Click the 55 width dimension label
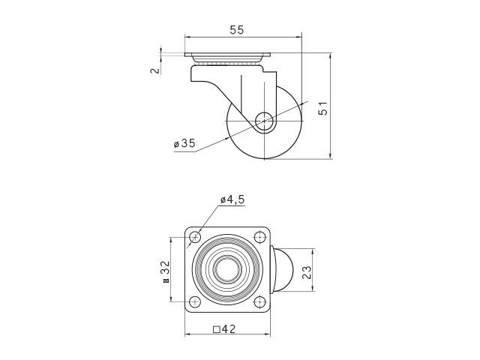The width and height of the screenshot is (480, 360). point(237,30)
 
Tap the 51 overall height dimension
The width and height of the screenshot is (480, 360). point(323,108)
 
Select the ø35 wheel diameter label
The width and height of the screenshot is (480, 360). point(184,143)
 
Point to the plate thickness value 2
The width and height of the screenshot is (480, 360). point(155,70)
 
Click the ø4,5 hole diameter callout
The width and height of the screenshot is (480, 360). point(232,199)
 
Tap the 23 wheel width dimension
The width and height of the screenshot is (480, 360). point(307,272)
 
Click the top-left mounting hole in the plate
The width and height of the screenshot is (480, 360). point(195,237)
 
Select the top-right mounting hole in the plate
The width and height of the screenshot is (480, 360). point(259,237)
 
